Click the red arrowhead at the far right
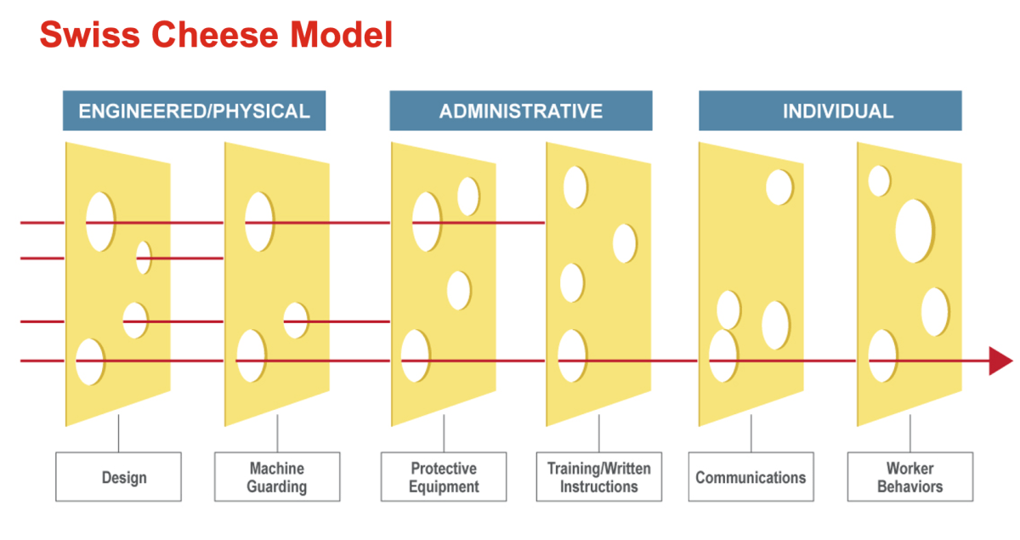point(1000,361)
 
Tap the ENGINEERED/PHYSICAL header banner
point(194,111)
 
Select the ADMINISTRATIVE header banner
point(520,111)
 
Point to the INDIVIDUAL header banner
point(830,111)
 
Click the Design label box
point(118,477)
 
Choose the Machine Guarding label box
point(277,477)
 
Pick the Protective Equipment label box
point(444,477)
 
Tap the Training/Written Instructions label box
point(599,477)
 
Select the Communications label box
point(751,477)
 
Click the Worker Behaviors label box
point(909,477)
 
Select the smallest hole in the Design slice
point(144,257)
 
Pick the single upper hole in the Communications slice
point(779,187)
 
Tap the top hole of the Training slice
point(575,187)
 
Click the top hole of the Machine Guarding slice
point(259,222)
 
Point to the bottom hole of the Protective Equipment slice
point(415,355)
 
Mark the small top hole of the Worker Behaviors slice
point(879,180)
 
